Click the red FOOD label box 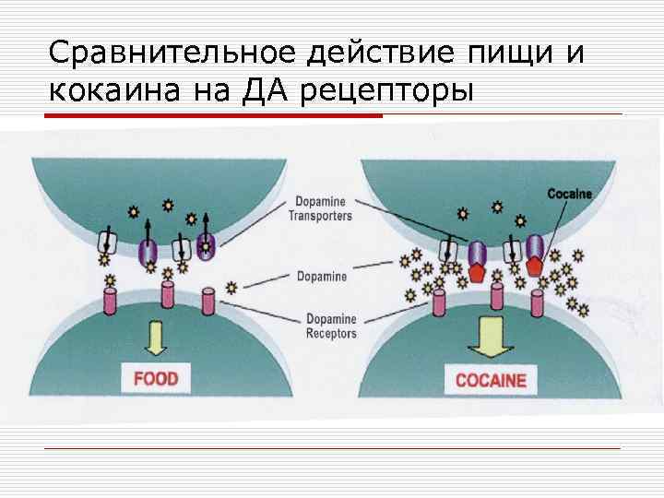156,378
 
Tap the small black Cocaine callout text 569,194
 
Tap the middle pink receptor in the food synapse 169,296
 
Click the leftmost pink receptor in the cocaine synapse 438,301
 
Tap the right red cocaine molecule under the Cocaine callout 535,267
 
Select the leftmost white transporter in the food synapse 107,242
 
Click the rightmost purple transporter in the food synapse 205,246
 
